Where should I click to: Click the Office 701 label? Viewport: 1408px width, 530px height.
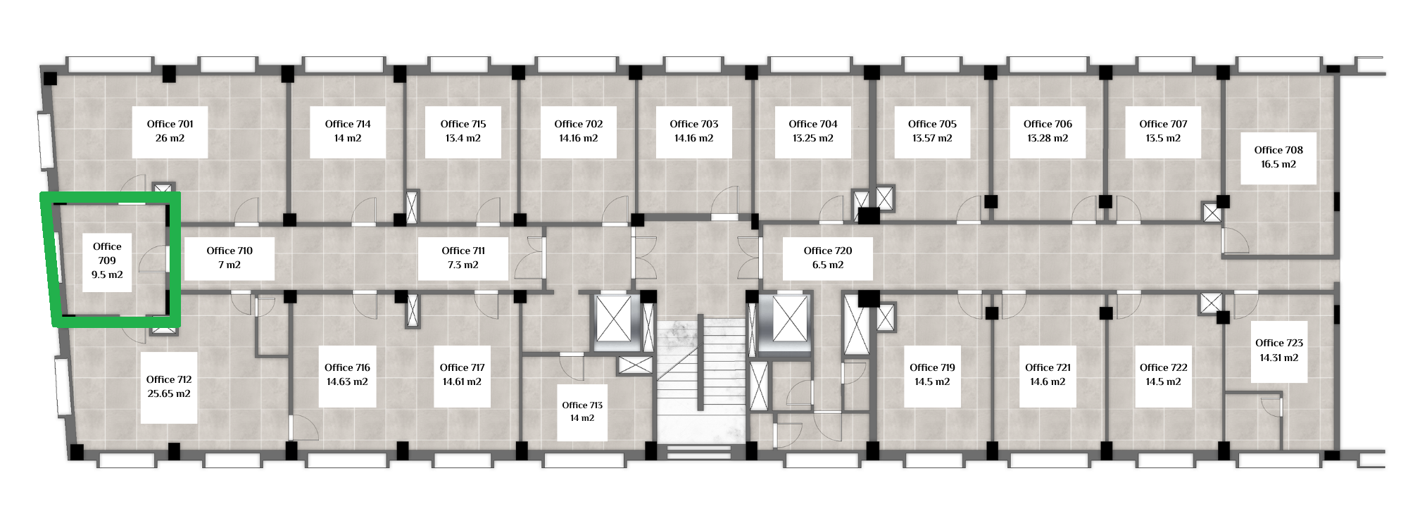pyautogui.click(x=170, y=124)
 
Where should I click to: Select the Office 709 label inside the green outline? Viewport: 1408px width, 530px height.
pyautogui.click(x=107, y=253)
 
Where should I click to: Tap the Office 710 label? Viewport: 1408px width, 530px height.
pyautogui.click(x=230, y=251)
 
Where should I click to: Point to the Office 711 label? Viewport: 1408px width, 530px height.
pyautogui.click(x=463, y=251)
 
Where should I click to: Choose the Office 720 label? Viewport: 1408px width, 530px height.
pyautogui.click(x=828, y=251)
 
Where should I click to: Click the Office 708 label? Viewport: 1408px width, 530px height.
pyautogui.click(x=1278, y=150)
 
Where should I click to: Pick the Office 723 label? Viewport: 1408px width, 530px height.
pyautogui.click(x=1279, y=343)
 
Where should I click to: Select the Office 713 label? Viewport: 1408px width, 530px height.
pyautogui.click(x=582, y=405)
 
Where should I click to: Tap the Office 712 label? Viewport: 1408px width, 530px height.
pyautogui.click(x=169, y=379)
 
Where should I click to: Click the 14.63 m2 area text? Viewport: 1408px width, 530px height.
pyautogui.click(x=347, y=382)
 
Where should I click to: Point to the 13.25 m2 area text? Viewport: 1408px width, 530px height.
pyautogui.click(x=813, y=139)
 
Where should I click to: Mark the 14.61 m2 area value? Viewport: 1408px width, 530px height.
pyautogui.click(x=462, y=382)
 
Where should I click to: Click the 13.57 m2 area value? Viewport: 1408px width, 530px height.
pyautogui.click(x=932, y=139)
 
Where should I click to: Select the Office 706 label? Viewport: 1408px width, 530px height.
pyautogui.click(x=1048, y=124)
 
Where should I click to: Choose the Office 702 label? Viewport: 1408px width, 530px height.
pyautogui.click(x=579, y=124)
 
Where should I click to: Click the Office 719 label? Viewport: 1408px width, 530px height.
pyautogui.click(x=932, y=367)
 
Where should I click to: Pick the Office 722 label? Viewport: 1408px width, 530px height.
pyautogui.click(x=1163, y=367)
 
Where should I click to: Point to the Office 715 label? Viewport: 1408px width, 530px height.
pyautogui.click(x=463, y=124)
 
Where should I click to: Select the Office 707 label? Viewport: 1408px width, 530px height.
pyautogui.click(x=1163, y=124)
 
